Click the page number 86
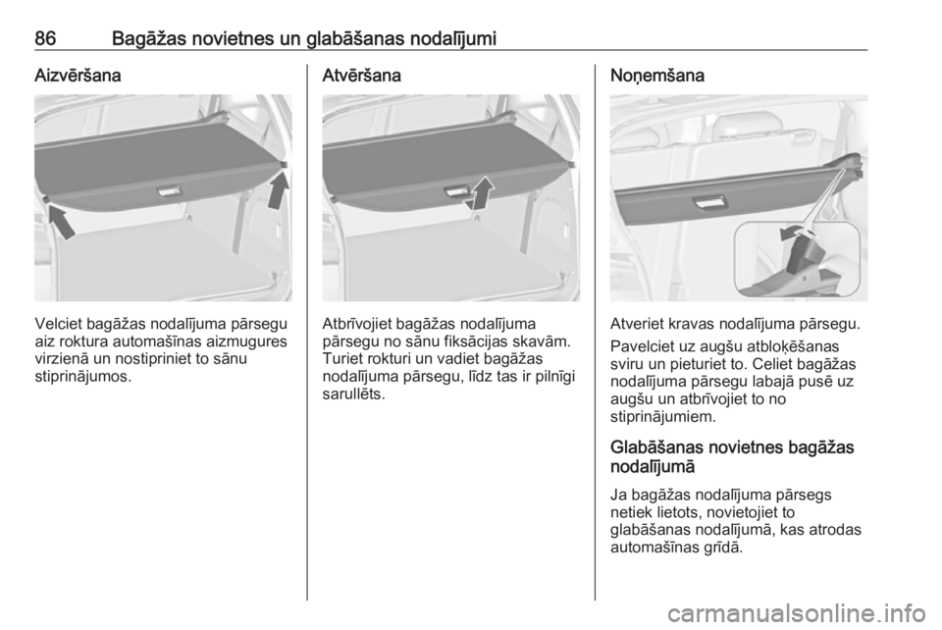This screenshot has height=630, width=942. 46,39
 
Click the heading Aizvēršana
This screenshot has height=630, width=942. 78,76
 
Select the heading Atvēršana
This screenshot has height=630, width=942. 362,76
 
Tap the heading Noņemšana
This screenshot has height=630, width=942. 657,77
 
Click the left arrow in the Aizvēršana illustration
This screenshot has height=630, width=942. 62,221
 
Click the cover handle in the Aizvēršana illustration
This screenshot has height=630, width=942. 168,191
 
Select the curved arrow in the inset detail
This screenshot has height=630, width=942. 796,233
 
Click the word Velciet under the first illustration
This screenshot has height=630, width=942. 58,324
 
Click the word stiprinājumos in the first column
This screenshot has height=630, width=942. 82,377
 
